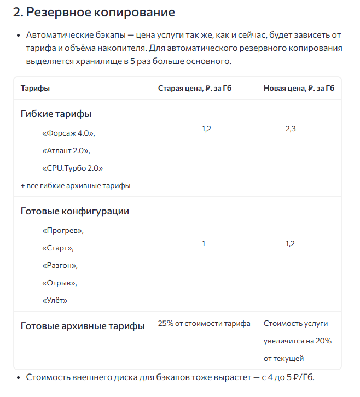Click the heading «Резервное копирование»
[x=94, y=12]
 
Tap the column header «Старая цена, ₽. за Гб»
[x=195, y=88]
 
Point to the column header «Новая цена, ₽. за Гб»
[x=299, y=88]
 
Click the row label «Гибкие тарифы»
[x=56, y=114]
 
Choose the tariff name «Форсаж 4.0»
[x=68, y=133]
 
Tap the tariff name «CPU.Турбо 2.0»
[x=72, y=168]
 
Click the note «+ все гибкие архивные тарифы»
[x=76, y=185]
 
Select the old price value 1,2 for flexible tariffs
[x=206, y=129]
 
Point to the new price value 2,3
[x=291, y=129]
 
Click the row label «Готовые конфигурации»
[x=75, y=211]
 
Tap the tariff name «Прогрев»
[x=63, y=230]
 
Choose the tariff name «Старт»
[x=58, y=248]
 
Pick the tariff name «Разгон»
[x=60, y=265]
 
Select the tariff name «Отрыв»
[x=60, y=283]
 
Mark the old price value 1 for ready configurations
[x=204, y=243]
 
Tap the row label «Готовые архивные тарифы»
[x=83, y=326]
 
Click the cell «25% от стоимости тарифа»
[x=204, y=324]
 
